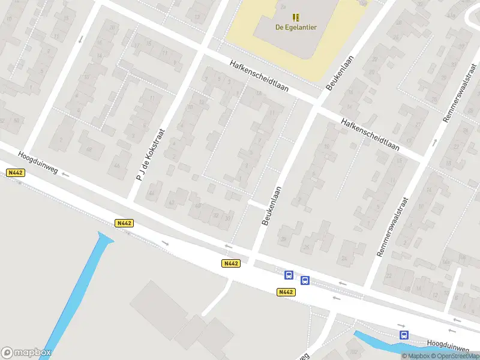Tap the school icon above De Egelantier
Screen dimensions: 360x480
[x=295, y=17]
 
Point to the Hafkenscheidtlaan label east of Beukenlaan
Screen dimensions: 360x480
[x=370, y=133]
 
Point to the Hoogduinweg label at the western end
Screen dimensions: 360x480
[x=38, y=163]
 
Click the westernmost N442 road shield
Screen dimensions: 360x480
[x=16, y=172]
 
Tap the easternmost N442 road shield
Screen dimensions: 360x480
[x=286, y=292]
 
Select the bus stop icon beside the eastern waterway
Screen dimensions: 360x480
[x=404, y=335]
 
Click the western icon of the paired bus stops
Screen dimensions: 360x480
[x=289, y=275]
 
